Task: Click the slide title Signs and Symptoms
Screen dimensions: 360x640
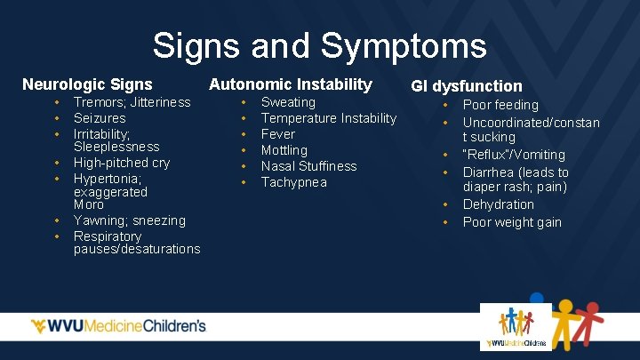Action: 319,44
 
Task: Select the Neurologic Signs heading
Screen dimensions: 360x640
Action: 87,85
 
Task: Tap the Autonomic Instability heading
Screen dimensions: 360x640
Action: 290,84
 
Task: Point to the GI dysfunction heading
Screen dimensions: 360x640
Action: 466,86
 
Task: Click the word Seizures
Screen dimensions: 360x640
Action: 100,118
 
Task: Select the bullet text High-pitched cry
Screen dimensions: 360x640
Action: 122,163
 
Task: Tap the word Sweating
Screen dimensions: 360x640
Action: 288,102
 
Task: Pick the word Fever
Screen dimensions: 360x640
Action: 278,134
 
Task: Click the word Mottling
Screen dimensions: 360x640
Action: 284,150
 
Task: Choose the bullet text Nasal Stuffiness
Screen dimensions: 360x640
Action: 308,166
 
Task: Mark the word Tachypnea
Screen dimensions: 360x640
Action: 294,182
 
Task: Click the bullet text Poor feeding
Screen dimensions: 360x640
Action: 500,105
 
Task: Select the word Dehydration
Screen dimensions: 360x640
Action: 499,204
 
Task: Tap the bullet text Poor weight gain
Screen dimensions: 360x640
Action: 512,222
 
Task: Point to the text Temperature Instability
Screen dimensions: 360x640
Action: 329,118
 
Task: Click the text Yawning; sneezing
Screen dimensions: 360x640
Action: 130,220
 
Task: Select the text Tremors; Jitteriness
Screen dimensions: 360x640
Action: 132,102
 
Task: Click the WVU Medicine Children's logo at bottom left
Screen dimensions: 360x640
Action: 118,326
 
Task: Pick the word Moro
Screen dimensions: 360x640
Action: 89,204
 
